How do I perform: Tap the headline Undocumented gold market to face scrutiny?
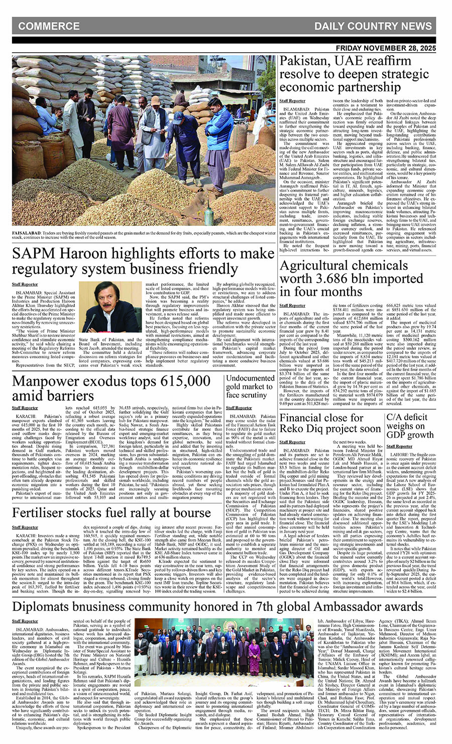tap(250, 387)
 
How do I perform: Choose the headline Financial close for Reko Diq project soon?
tap(330, 423)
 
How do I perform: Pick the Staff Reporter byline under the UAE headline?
tap(292, 101)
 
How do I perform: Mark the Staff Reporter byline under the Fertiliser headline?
tap(25, 527)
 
